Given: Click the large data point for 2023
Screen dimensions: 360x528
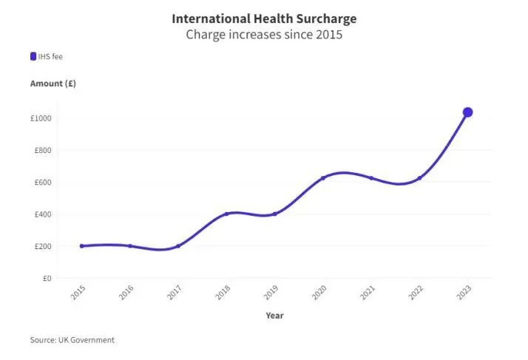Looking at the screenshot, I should pos(467,112).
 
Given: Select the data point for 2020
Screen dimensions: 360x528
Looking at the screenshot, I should pos(322,178).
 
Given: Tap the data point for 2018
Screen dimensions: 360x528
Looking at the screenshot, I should pos(226,214).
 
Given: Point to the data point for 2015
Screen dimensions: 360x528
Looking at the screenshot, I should pos(81,246).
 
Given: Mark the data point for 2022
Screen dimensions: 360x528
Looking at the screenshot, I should pos(419,178).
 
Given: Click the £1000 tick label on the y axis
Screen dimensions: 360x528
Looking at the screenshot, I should pos(41,119).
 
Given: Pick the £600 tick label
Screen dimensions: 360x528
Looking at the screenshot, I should pos(43,183).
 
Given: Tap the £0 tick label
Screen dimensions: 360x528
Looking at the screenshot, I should pos(46,279).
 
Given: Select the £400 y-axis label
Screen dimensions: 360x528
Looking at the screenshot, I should pos(43,215).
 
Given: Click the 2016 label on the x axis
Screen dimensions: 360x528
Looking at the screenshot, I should pos(126,293).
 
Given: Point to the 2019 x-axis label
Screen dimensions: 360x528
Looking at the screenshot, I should pos(271,293).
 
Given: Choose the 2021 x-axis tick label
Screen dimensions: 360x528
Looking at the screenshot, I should pos(367,293).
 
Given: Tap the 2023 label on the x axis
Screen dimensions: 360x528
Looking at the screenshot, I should pos(464,293).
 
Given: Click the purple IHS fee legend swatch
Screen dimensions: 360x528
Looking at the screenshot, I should pos(33,56).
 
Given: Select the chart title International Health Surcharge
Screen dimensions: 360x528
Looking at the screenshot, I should pos(264,18).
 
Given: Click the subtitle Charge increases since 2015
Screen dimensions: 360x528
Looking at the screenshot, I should pos(264,35).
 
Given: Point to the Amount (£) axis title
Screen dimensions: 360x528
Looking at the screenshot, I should pos(53,84).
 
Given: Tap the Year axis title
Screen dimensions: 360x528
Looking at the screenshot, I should pos(274,316).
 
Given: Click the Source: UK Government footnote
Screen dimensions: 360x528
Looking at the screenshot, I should pos(72,340).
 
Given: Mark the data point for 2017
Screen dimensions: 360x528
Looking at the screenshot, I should pos(178,246).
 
